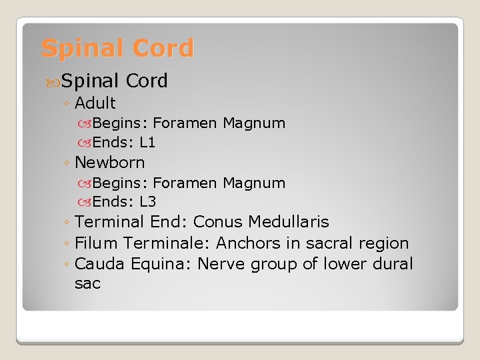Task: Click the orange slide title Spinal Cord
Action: (x=117, y=49)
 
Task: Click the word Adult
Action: (x=95, y=103)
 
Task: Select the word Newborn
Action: (x=110, y=163)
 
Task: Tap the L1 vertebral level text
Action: (x=147, y=142)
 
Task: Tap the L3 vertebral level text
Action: (x=147, y=202)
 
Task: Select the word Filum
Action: (x=97, y=243)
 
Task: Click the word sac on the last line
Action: (x=87, y=284)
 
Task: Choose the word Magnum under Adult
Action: (x=254, y=123)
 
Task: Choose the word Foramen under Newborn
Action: (x=186, y=183)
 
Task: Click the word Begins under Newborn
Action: (x=120, y=183)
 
